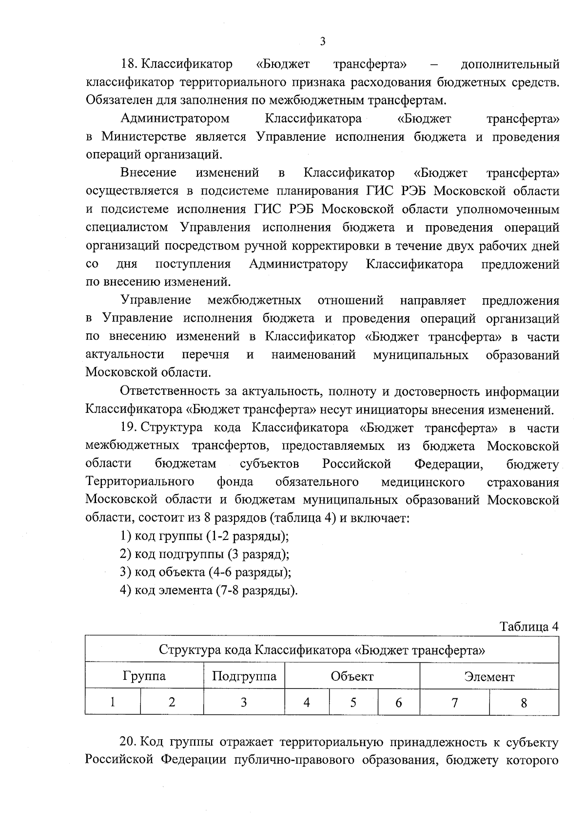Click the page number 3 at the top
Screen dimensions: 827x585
322,41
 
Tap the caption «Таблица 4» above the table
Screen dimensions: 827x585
529,626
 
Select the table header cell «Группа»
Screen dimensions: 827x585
144,676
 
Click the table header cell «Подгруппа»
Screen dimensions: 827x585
244,676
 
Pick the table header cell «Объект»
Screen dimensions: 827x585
352,676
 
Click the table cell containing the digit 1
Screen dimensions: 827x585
113,702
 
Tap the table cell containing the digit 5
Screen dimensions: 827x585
353,702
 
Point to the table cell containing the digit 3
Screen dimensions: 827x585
244,702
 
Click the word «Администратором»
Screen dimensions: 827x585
175,118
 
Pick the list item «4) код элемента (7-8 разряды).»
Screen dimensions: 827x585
209,590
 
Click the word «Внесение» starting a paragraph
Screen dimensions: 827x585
148,173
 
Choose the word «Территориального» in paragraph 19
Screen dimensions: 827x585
140,482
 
